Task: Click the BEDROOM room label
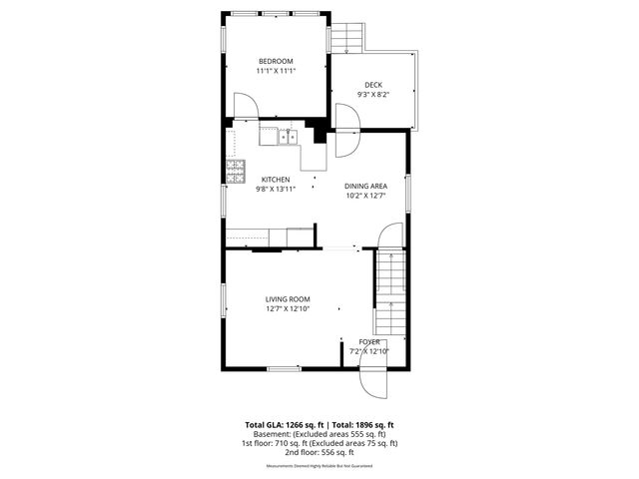tap(276, 61)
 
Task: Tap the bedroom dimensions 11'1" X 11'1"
tap(276, 71)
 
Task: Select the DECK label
tap(372, 85)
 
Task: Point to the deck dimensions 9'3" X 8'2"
tap(372, 95)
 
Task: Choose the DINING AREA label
tap(365, 186)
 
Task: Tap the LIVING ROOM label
tap(288, 299)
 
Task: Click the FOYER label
tap(368, 341)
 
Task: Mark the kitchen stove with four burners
tap(236, 171)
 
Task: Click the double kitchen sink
tap(289, 138)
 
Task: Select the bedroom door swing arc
tap(245, 105)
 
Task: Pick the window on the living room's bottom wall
tap(284, 368)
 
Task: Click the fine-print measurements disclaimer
tap(319, 466)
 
